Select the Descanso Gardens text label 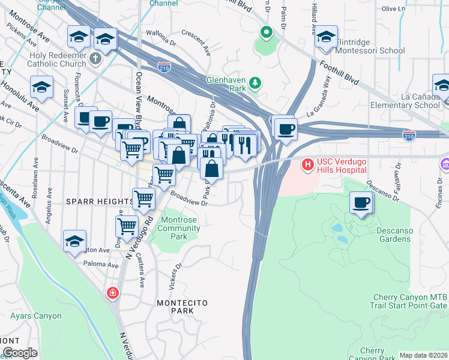pos(394,234)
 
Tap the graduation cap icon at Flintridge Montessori pos(326,37)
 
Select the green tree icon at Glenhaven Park pos(256,82)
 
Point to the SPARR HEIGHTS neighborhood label pos(99,201)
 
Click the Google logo pos(19,353)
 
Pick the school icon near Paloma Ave pos(76,241)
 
